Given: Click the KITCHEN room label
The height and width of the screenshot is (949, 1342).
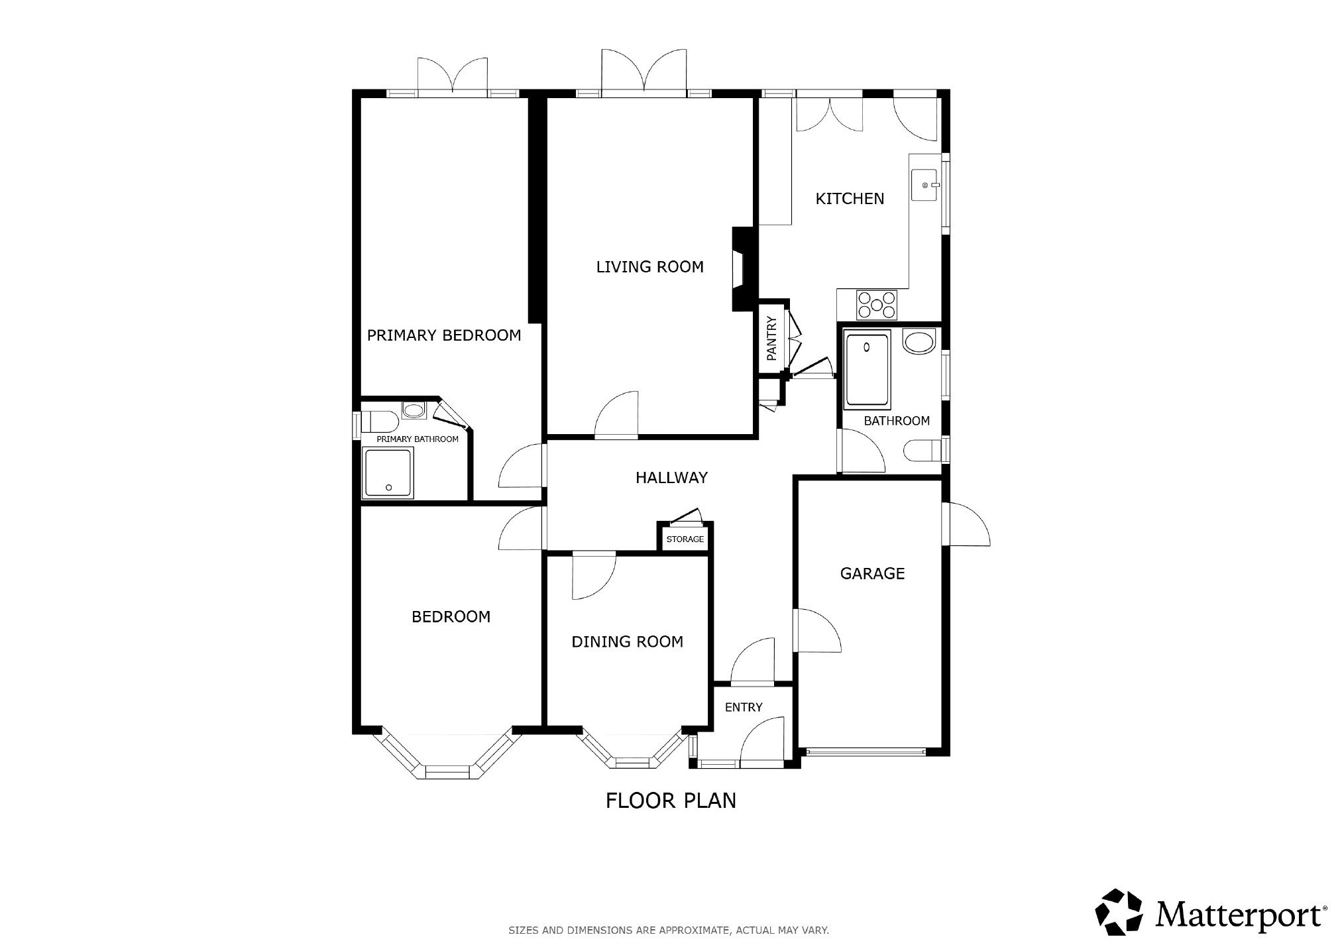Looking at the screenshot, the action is (850, 198).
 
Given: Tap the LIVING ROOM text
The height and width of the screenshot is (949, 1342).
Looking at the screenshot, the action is (649, 266).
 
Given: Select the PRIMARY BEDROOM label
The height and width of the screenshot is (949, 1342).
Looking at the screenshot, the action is (444, 335).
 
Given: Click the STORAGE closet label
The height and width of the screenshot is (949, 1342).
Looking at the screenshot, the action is (685, 539).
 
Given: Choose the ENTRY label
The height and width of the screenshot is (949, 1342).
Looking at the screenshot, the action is (744, 707).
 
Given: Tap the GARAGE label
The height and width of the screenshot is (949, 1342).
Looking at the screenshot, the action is (872, 573).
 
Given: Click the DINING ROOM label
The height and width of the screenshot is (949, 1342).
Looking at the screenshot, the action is (627, 642).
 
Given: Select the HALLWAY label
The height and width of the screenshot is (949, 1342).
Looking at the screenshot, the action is (671, 477).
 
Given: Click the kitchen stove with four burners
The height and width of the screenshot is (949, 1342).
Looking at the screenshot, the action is (877, 305).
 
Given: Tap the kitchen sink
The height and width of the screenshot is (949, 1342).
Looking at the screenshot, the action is (925, 185).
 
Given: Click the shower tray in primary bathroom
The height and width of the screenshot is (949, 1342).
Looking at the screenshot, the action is (388, 472).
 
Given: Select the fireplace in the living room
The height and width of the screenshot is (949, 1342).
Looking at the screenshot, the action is (742, 269).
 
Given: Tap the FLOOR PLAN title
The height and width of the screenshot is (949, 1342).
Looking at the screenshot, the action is (671, 801).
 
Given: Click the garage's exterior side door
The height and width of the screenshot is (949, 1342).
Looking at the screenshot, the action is (968, 524).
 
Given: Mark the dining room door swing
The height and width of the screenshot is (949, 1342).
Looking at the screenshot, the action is (594, 577).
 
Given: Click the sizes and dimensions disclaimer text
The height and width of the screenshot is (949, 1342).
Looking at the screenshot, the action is (669, 930).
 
